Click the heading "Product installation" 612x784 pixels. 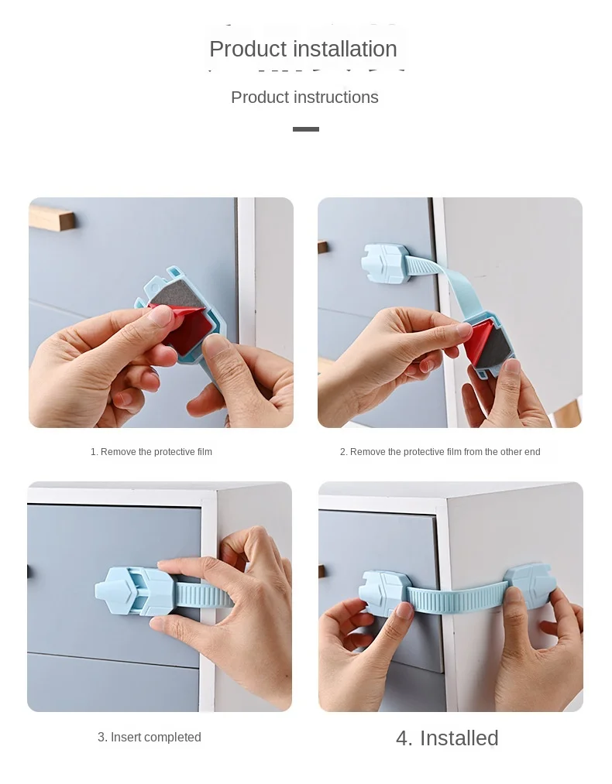[x=303, y=49]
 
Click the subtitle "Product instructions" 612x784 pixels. [x=304, y=97]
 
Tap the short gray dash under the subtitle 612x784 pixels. [x=306, y=129]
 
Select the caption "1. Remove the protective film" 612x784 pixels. [x=151, y=451]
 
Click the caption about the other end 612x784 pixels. [x=440, y=451]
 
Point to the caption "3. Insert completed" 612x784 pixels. [x=149, y=737]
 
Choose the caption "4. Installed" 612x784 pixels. [x=447, y=738]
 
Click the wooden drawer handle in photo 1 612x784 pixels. [x=52, y=220]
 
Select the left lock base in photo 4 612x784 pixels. [x=385, y=593]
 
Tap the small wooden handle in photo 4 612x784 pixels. [x=321, y=571]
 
